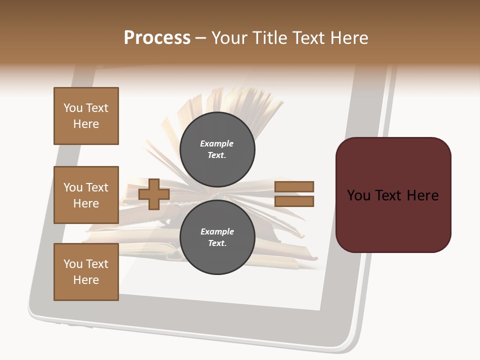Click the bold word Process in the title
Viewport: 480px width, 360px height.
[157, 37]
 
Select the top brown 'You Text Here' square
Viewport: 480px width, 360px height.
[86, 116]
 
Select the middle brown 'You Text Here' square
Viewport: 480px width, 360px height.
[86, 195]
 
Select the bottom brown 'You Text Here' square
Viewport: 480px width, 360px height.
[86, 272]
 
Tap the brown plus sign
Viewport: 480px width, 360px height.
[154, 194]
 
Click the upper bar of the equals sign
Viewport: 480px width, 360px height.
[294, 186]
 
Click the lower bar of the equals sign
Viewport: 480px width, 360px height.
[294, 201]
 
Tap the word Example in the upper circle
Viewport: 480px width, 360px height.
[217, 143]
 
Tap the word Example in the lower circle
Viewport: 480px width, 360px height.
[217, 231]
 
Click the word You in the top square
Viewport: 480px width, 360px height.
[72, 108]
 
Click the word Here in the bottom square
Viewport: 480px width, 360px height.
[86, 280]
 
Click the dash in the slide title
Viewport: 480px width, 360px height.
[201, 38]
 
